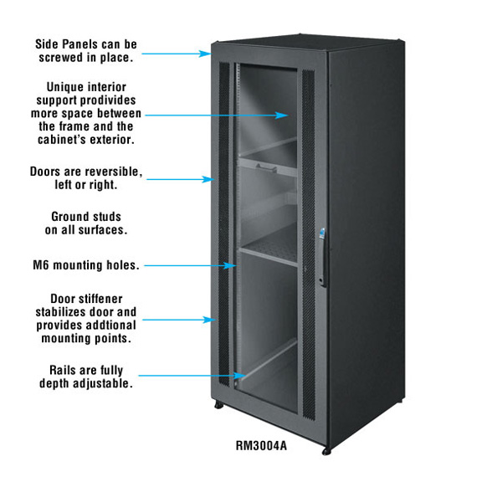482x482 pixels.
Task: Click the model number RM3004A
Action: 261,445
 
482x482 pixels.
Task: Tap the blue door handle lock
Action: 322,233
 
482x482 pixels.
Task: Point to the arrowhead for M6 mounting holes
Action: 230,265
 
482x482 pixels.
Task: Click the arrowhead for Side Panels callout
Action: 204,54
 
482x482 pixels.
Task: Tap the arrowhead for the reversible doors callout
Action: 208,179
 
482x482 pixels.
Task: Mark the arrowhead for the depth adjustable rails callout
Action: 239,376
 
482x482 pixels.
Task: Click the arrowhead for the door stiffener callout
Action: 209,320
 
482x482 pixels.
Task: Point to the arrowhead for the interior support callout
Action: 281,115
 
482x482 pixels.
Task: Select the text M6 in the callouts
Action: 40,265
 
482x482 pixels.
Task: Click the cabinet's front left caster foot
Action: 218,406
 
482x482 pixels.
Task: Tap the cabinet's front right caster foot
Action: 326,451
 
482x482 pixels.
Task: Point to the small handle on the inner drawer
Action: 266,168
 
